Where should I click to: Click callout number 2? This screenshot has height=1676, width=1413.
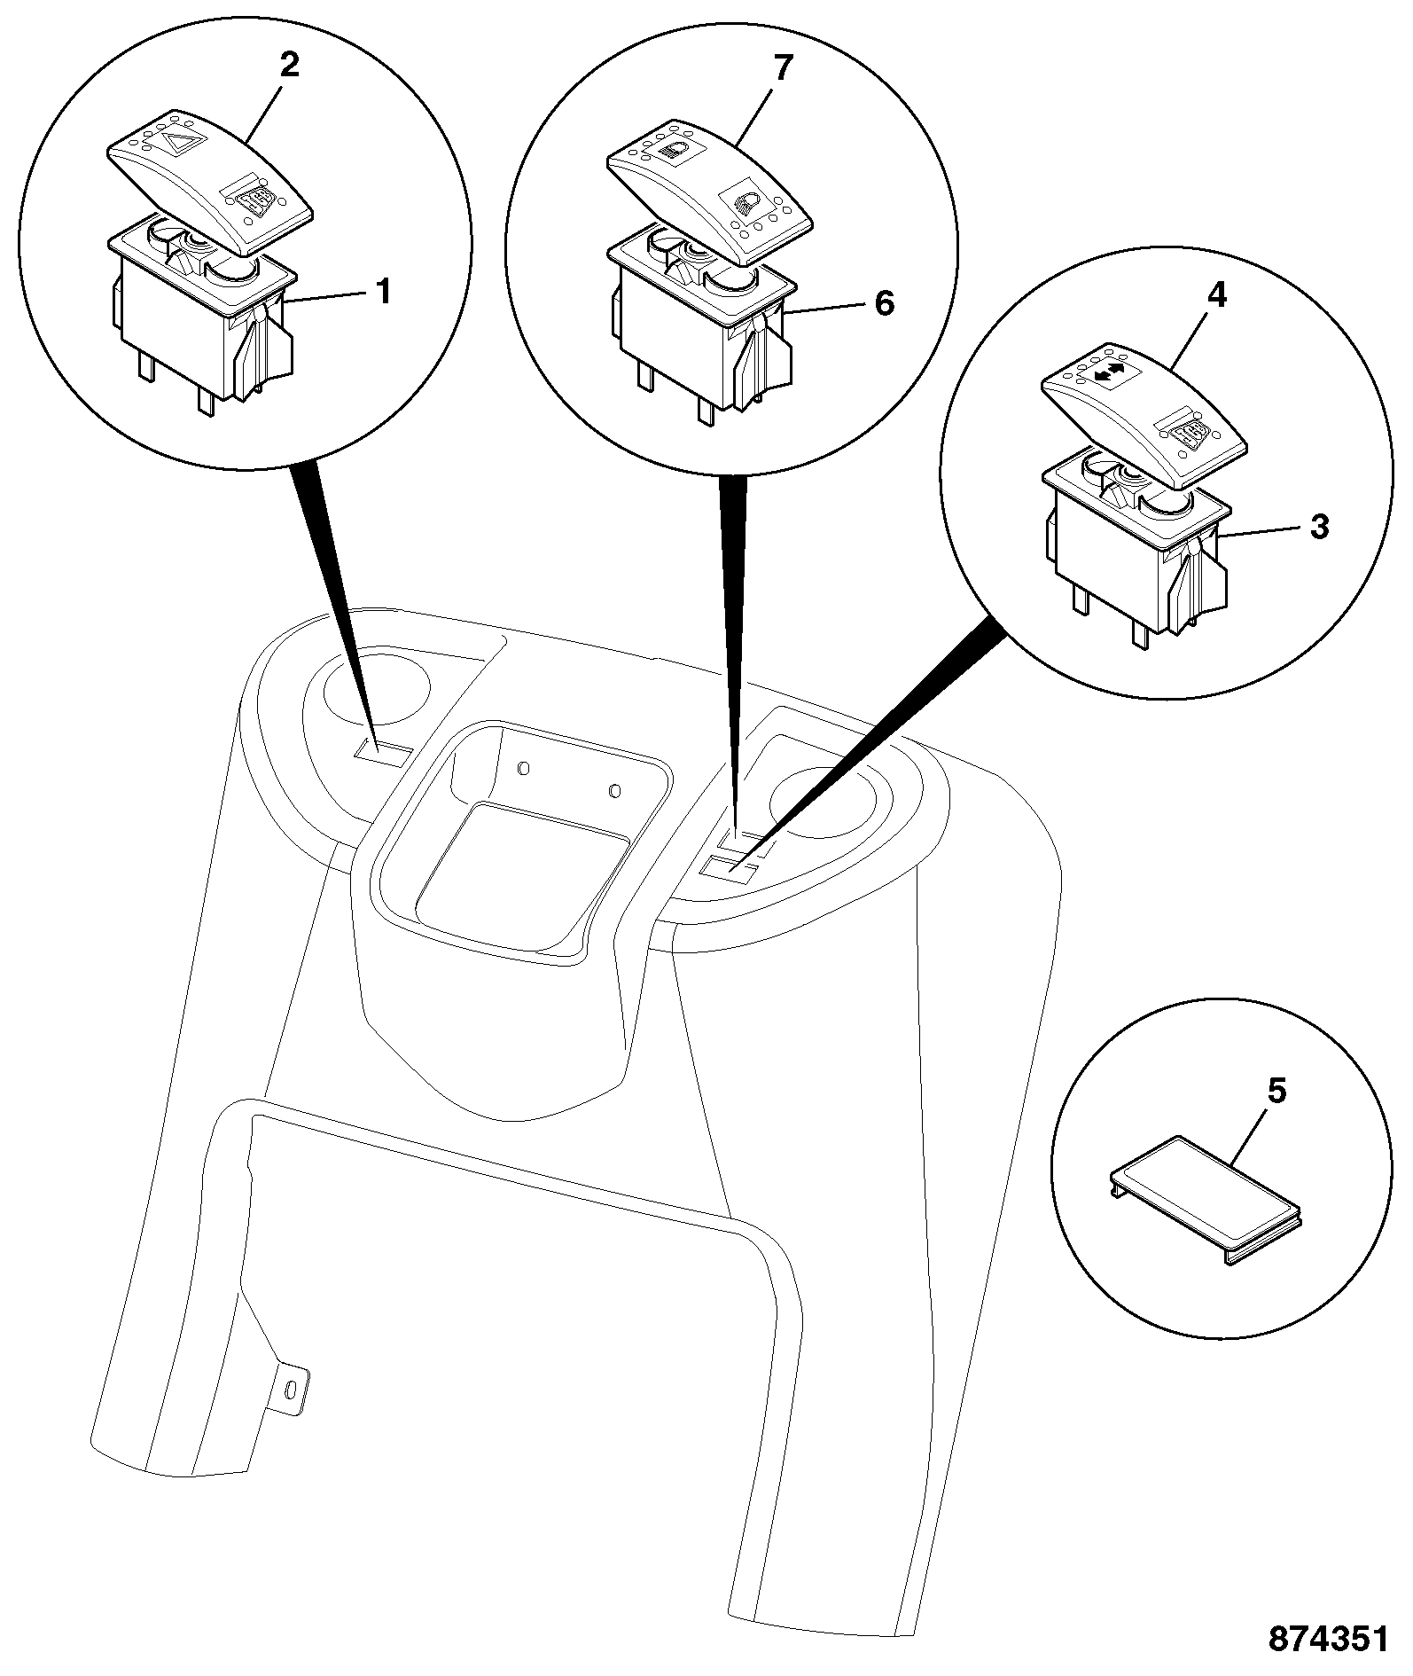point(290,67)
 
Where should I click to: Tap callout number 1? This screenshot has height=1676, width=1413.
point(383,292)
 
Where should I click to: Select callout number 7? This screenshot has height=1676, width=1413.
point(781,68)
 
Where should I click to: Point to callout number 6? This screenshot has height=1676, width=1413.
point(884,304)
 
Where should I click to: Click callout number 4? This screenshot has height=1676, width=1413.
point(1217,295)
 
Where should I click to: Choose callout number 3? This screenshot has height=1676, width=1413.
point(1320,528)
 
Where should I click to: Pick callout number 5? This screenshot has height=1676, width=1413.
point(1276,1093)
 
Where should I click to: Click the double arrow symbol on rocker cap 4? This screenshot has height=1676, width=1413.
point(1107,374)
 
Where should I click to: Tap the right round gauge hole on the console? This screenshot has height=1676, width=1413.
point(825,803)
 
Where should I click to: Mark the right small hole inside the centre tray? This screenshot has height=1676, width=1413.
point(614,789)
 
